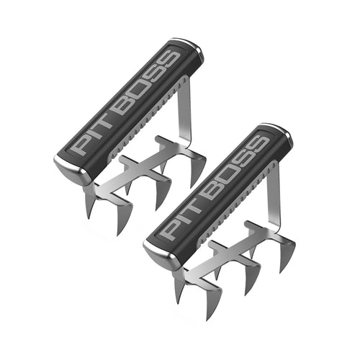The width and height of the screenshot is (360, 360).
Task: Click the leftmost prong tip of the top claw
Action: (x=89, y=217)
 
